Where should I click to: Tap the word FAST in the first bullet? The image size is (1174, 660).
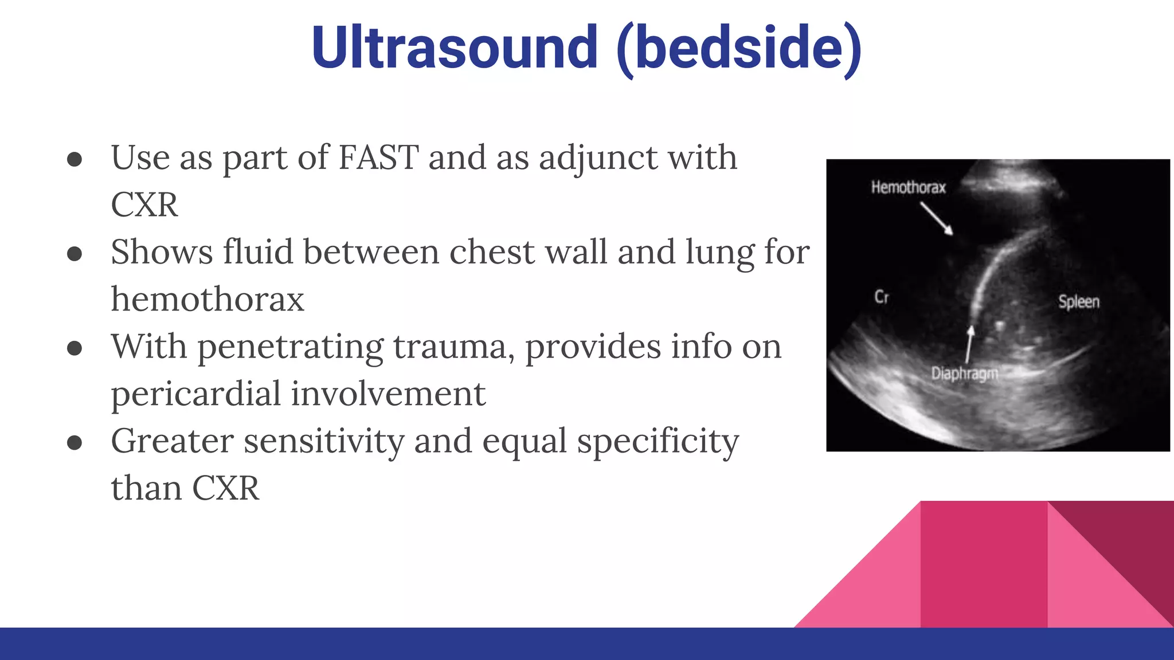pos(378,158)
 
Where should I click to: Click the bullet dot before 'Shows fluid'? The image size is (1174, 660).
pos(75,254)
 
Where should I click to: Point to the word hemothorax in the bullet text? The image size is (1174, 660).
pos(208,300)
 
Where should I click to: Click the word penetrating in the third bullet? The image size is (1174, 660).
pos(291,347)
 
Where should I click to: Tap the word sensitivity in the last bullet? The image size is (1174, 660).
pos(324,442)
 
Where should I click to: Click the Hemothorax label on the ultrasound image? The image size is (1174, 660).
pos(908,187)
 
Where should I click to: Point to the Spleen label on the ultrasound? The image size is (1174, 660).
pos(1078,302)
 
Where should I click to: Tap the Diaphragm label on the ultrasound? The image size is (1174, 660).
pos(964,374)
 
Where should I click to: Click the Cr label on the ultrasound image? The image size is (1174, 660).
pos(881,297)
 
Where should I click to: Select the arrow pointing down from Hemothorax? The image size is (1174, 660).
pos(937,219)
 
